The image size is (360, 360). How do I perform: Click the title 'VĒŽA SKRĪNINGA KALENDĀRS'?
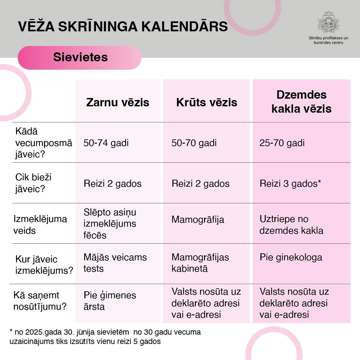(x=123, y=27)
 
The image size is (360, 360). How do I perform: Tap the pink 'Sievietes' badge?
(x=80, y=57)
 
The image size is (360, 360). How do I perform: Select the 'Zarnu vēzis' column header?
(x=118, y=102)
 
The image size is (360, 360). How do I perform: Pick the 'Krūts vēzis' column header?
(x=207, y=102)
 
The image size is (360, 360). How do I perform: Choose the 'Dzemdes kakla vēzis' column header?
(x=301, y=102)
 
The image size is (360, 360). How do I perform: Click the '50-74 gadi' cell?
(x=106, y=143)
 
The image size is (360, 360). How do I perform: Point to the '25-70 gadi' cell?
(x=282, y=143)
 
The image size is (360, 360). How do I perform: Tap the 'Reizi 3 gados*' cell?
(x=290, y=183)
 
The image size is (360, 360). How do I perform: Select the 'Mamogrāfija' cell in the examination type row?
(x=198, y=219)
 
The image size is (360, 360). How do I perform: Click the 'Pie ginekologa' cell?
(x=291, y=257)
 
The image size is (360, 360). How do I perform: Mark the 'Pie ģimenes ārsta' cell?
(x=110, y=301)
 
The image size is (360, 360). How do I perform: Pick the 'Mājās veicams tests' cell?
(x=115, y=263)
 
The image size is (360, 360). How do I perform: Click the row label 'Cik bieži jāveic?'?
(x=33, y=183)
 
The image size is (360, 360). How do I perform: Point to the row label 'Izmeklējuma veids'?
(x=40, y=224)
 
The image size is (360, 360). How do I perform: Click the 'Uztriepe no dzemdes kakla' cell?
(x=291, y=225)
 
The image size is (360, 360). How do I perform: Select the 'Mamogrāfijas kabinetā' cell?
(x=200, y=263)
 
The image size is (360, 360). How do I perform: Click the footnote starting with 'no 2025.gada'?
(x=105, y=337)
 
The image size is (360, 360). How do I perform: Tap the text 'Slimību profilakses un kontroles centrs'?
(x=328, y=40)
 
